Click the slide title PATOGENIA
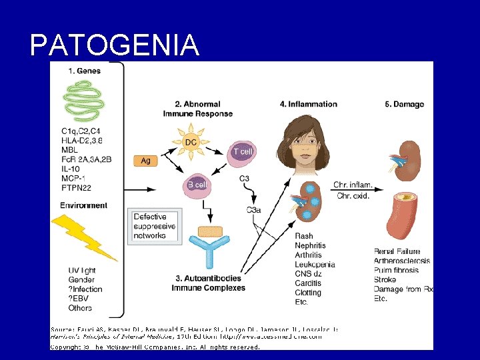tap(115, 45)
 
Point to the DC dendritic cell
tap(191, 141)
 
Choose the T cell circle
tap(243, 152)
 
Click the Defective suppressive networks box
tap(154, 226)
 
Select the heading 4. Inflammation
tap(309, 104)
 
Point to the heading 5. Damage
tap(404, 104)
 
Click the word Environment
tap(83, 205)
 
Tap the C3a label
tap(253, 210)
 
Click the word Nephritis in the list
tap(311, 245)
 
